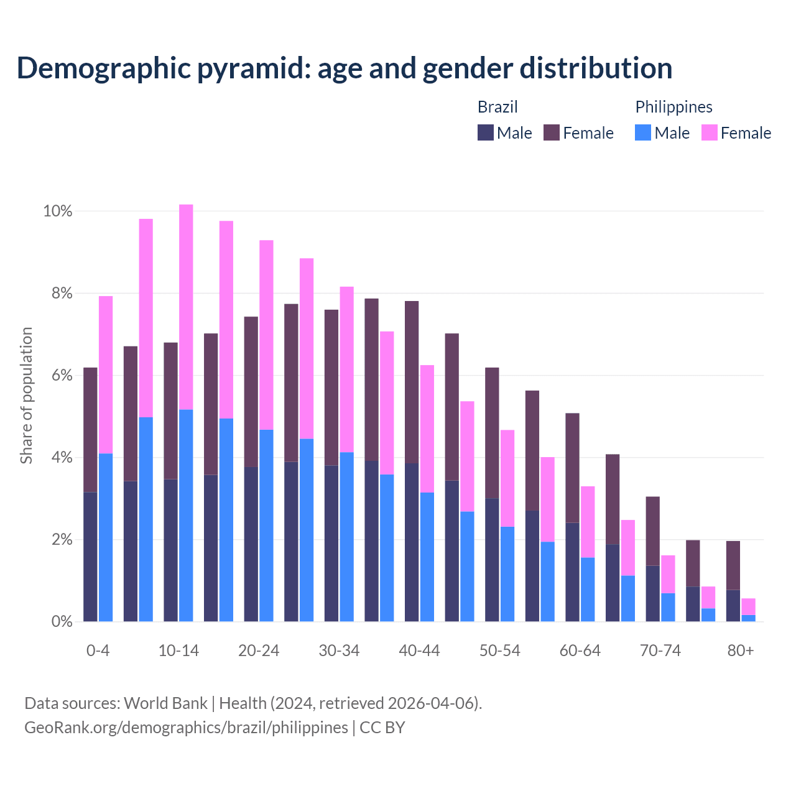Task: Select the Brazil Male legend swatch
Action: click(x=485, y=132)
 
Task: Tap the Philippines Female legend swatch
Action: click(x=709, y=132)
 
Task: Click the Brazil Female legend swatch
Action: click(x=552, y=132)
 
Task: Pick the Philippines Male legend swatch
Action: click(x=643, y=132)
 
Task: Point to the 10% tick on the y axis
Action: click(x=58, y=211)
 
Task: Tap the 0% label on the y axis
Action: click(x=62, y=621)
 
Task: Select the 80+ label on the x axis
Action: click(x=741, y=650)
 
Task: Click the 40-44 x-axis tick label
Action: click(x=419, y=650)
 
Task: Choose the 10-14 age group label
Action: click(x=178, y=650)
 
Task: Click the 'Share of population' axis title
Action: click(x=26, y=396)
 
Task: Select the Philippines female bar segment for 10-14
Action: click(x=186, y=307)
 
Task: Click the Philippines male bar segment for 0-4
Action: click(x=106, y=537)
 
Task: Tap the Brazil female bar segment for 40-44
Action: click(x=412, y=382)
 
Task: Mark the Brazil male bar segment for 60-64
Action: click(x=572, y=572)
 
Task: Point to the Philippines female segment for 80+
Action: click(x=748, y=606)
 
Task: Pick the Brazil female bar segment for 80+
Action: click(x=733, y=565)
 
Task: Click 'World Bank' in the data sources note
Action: click(x=165, y=703)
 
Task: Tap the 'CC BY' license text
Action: click(x=382, y=728)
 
